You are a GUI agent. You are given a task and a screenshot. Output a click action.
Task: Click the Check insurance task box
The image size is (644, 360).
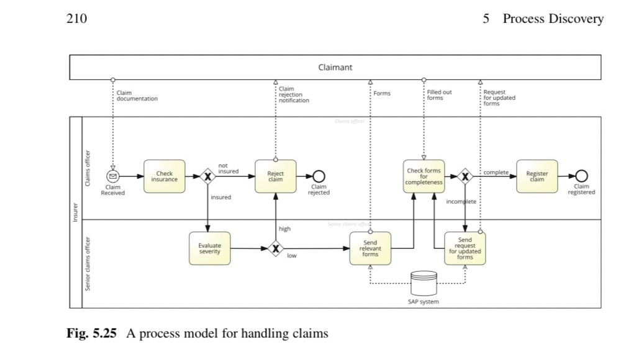pos(164,176)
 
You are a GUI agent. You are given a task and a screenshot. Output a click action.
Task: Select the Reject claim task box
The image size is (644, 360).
pos(275,176)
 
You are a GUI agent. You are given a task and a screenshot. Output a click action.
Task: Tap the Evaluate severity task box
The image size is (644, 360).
pos(209,248)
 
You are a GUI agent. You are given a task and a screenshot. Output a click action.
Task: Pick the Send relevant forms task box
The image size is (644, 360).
pos(370,248)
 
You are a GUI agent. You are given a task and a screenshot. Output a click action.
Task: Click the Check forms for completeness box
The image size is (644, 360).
pos(424,176)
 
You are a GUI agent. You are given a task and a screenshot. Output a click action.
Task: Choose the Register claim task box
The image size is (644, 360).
pos(537,176)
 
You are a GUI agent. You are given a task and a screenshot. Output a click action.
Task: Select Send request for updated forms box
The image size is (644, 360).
pos(465,248)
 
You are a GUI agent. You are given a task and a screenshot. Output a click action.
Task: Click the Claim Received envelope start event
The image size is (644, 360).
pos(113,176)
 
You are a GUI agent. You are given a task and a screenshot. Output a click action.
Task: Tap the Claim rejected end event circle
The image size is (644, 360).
pos(319,176)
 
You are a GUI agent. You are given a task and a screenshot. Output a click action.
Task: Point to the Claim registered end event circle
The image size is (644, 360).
pos(581,176)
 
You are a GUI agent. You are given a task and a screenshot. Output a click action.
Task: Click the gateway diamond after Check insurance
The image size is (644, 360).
pos(207,177)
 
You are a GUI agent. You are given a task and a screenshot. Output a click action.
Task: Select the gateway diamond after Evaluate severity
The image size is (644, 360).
pos(276,249)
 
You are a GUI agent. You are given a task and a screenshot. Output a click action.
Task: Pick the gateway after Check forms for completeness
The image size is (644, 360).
pos(465,177)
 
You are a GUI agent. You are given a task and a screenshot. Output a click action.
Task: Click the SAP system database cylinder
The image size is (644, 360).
pos(424,284)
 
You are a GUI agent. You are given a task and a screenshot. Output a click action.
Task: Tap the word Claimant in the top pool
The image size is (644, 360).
pos(335,67)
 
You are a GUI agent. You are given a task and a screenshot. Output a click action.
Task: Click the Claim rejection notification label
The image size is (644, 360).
pos(293,94)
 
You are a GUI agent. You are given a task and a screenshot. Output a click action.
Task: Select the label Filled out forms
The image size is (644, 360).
pos(439,94)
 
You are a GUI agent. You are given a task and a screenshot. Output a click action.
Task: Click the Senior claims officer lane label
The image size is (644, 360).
pos(88,263)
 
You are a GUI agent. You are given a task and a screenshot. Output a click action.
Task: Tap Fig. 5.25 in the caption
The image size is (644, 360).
pos(91,334)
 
